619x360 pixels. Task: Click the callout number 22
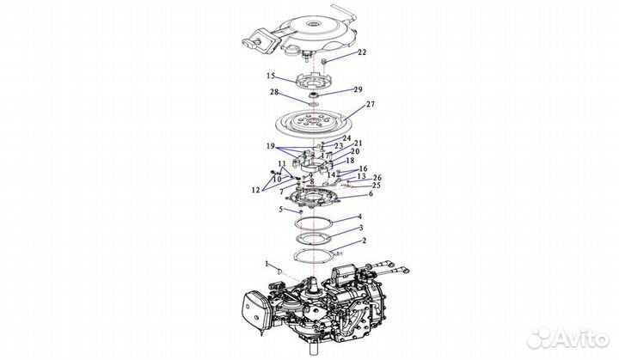click(362, 52)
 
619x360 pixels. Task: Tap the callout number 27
click(371, 105)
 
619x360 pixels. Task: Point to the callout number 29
click(358, 89)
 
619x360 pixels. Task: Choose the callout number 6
click(371, 194)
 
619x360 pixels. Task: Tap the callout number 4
click(359, 217)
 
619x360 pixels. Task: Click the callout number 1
click(267, 263)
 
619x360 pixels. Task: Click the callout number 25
click(377, 185)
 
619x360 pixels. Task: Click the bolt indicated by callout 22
click(324, 62)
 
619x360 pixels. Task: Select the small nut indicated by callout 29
click(314, 93)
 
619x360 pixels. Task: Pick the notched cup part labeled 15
click(313, 81)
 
